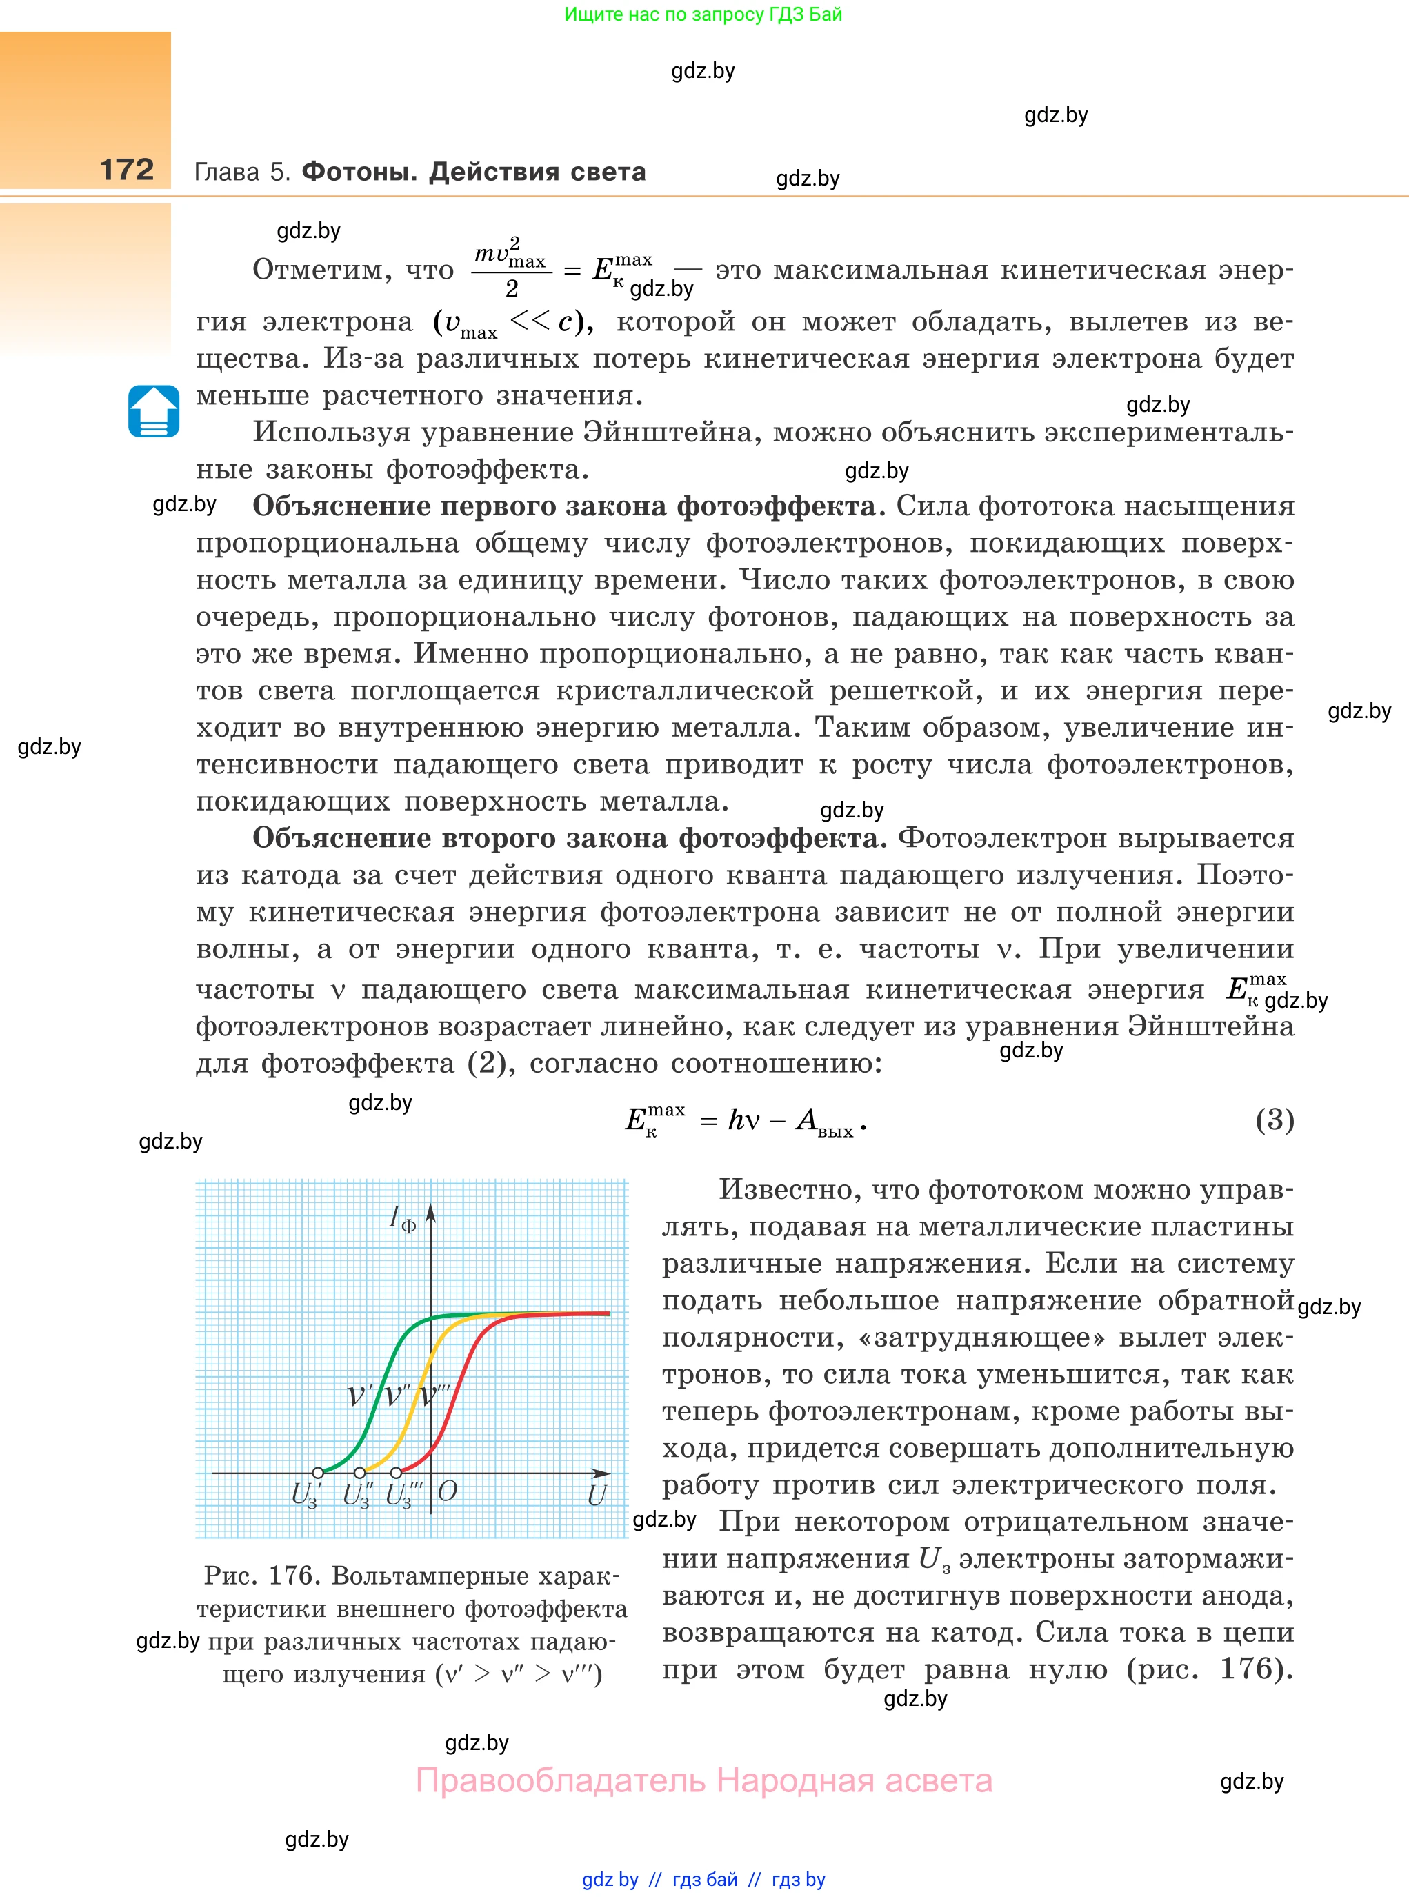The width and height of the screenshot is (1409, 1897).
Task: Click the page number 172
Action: click(127, 170)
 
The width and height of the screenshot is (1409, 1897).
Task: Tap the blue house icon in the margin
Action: click(154, 411)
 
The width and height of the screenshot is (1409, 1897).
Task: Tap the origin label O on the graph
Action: click(447, 1491)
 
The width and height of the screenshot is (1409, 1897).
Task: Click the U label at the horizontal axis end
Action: click(596, 1494)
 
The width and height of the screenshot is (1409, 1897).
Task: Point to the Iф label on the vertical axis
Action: click(401, 1219)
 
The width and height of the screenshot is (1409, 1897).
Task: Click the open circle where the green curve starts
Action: click(318, 1472)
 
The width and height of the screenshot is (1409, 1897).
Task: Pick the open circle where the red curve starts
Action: click(396, 1472)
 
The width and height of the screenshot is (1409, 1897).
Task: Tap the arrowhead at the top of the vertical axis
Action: click(431, 1211)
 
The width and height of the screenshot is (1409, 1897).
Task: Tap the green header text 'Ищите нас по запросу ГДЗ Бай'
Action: click(703, 14)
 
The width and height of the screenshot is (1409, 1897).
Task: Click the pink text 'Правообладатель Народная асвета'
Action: click(703, 1781)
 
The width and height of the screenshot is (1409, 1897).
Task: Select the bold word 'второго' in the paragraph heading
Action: click(498, 837)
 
